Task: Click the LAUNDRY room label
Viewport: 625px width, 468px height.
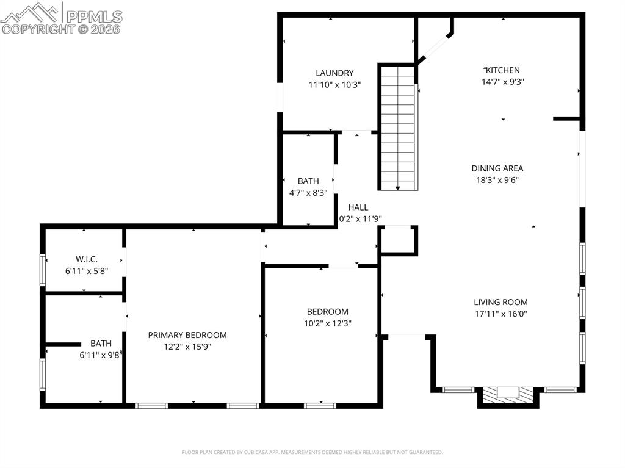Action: click(334, 73)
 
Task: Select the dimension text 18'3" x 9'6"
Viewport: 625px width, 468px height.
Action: click(498, 180)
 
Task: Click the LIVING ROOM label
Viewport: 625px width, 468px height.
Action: click(500, 302)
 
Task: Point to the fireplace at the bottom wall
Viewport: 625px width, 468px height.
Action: click(507, 395)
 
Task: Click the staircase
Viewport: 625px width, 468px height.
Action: click(398, 128)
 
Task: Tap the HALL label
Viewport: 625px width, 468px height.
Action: click(358, 207)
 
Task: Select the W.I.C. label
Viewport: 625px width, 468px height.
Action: click(87, 259)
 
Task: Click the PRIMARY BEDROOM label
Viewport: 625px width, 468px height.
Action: click(187, 335)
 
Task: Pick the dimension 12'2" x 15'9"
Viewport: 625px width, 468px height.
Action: click(187, 347)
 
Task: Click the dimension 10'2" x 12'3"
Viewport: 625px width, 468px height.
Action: click(328, 323)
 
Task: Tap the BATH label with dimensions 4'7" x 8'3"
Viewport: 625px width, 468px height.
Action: click(308, 181)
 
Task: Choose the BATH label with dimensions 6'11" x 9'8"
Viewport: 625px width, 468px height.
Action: click(101, 344)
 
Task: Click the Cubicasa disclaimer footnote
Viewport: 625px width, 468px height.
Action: click(312, 452)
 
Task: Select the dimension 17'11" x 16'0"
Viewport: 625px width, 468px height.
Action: click(500, 314)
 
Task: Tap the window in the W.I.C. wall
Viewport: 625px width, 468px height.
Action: click(43, 270)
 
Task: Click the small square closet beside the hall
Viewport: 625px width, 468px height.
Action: click(398, 240)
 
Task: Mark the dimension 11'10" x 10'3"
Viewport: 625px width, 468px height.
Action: click(334, 85)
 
